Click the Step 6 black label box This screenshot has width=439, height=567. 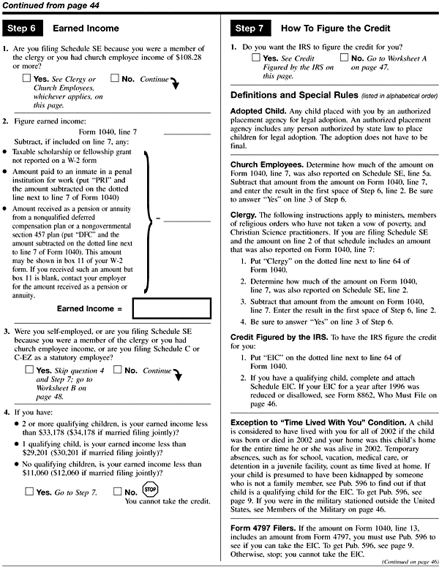[x=24, y=28]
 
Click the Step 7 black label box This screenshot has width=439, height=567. [x=254, y=28]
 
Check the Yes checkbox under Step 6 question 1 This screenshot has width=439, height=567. [x=27, y=78]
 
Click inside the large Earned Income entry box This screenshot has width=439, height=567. [x=172, y=310]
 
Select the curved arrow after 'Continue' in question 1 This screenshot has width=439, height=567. [x=174, y=83]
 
